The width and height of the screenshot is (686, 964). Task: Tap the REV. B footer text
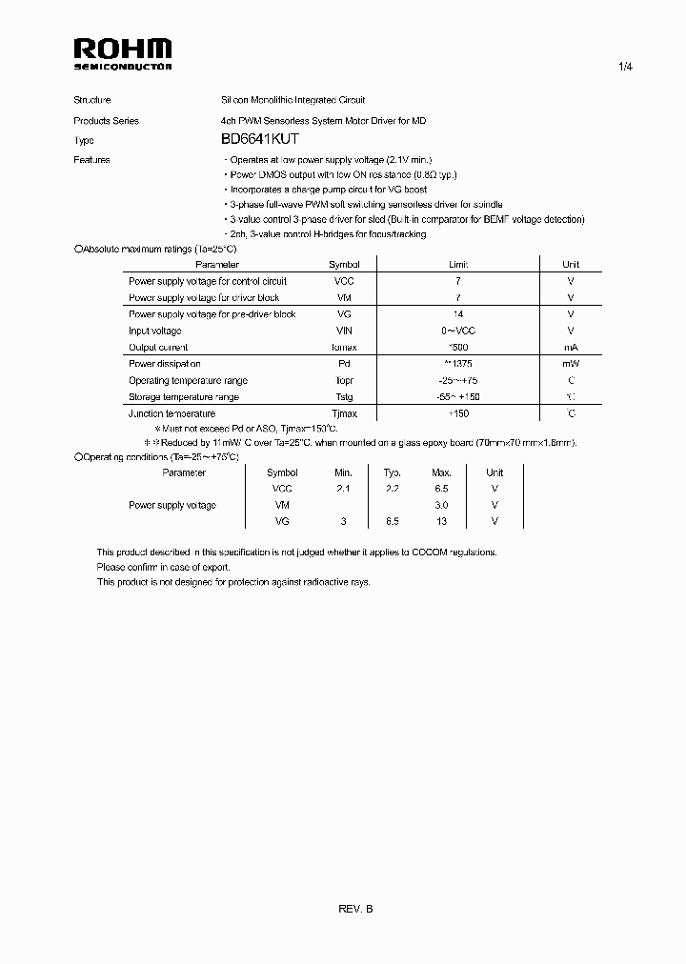(355, 910)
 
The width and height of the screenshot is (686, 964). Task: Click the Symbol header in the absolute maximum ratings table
(344, 265)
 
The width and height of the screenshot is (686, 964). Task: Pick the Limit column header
(458, 265)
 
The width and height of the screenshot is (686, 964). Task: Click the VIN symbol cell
(344, 331)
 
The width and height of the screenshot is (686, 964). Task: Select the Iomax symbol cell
(344, 348)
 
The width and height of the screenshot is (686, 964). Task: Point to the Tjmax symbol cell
(344, 413)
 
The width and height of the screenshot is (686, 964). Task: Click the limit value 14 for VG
(458, 314)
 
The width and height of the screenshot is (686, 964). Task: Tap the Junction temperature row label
(171, 413)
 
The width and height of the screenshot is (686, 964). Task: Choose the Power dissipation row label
(165, 364)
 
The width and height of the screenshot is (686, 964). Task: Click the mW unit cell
(570, 364)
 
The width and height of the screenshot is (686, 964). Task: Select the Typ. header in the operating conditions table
(392, 472)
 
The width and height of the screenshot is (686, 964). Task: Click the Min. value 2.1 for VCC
(343, 489)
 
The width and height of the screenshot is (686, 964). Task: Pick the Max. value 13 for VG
(441, 521)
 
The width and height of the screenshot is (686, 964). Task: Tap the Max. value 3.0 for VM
(441, 505)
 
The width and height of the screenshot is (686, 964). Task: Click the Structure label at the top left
(92, 100)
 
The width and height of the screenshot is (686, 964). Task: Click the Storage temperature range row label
(184, 397)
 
